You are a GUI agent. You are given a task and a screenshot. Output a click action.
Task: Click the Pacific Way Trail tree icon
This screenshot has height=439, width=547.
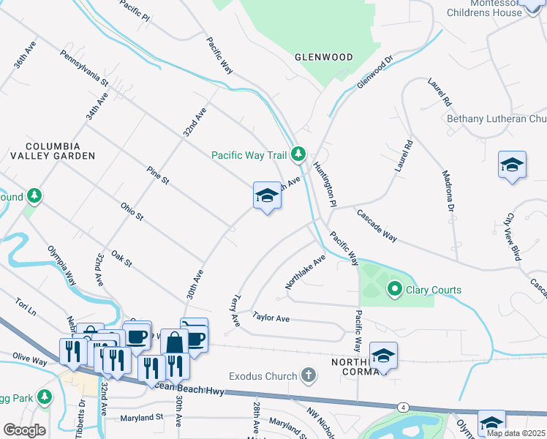298,154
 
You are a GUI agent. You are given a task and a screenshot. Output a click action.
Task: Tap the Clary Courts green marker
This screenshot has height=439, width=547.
395,290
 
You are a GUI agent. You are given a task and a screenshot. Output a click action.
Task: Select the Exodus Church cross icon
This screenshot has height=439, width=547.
309,376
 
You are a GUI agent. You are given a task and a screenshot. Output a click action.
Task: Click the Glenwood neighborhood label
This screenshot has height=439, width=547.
323,57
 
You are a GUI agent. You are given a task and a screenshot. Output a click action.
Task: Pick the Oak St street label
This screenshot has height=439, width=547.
121,258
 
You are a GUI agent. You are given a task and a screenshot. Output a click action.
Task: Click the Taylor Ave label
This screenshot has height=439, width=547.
271,318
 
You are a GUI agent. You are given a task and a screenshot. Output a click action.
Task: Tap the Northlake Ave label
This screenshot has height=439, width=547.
305,272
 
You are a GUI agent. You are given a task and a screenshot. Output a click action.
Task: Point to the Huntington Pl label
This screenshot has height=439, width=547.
325,184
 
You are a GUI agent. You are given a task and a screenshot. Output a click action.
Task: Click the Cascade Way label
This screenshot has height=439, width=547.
377,226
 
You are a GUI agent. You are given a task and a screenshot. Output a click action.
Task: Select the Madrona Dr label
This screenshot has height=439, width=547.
448,192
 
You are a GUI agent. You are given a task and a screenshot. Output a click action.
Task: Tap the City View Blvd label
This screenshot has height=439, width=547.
513,237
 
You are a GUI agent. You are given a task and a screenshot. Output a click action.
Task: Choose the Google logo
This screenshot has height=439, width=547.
24,430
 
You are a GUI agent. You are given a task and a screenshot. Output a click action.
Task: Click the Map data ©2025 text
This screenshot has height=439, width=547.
516,433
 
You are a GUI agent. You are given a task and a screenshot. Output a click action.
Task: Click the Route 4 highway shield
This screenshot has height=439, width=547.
403,406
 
